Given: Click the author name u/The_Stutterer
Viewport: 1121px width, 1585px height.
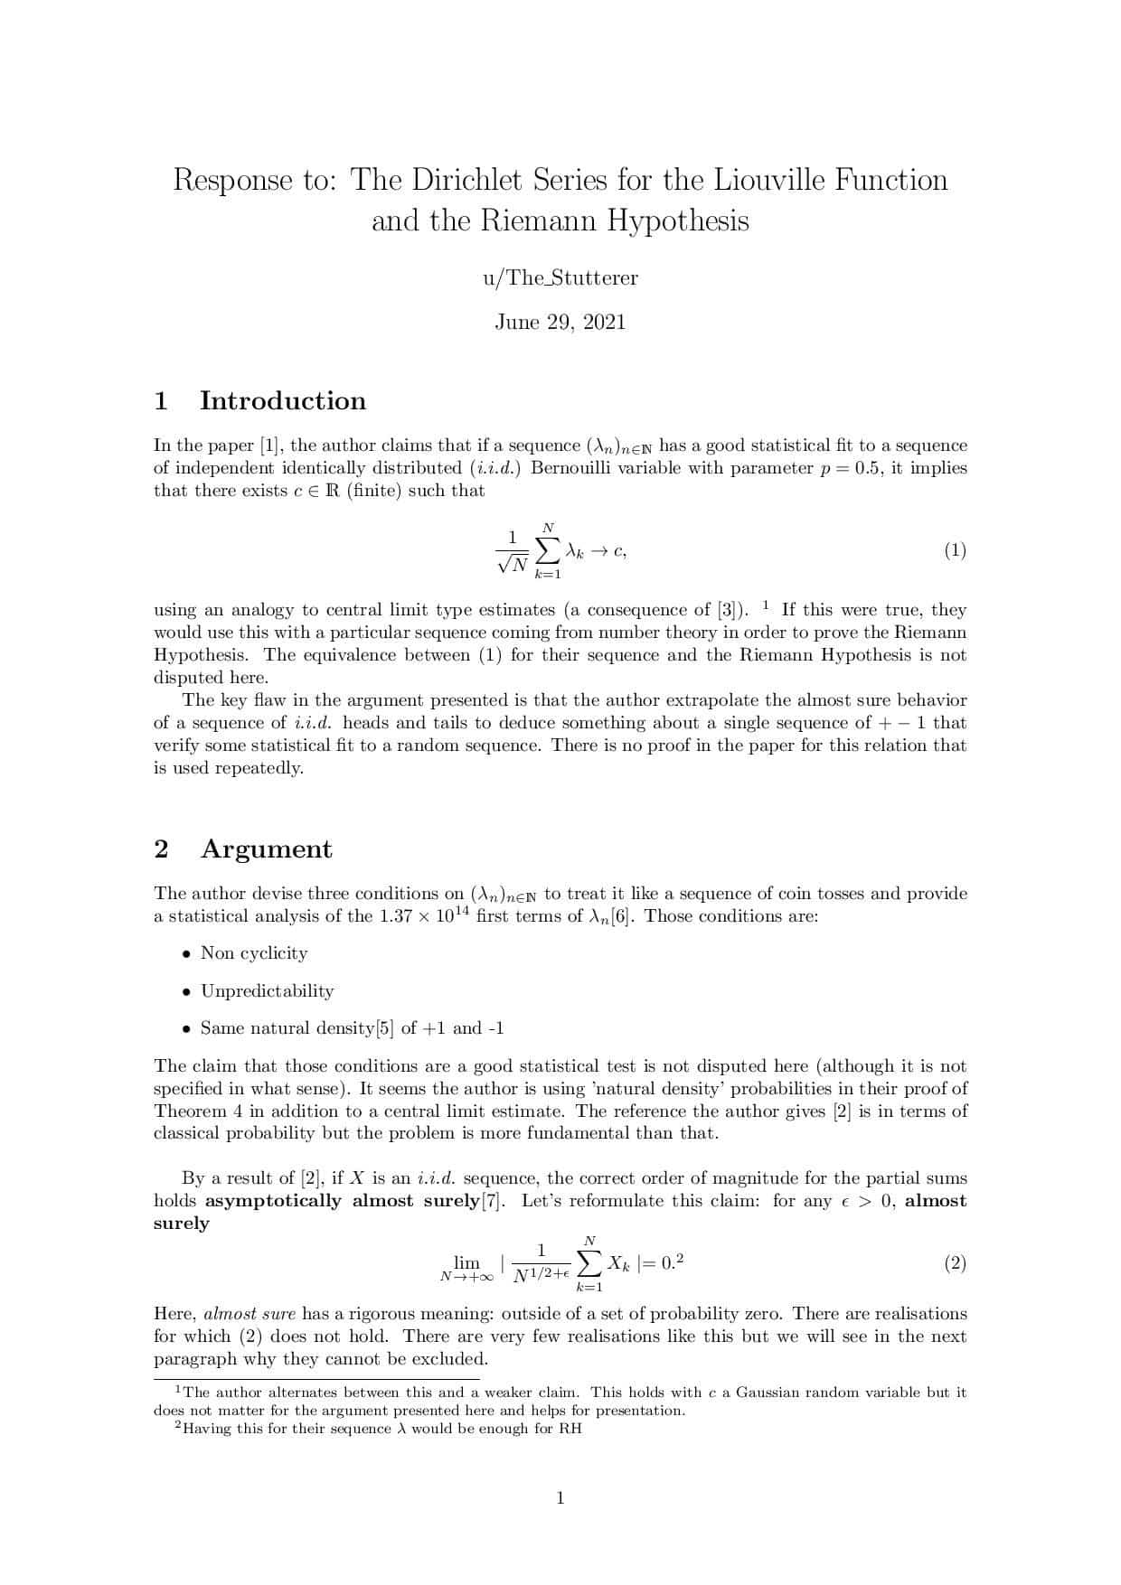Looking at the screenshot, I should pos(560,278).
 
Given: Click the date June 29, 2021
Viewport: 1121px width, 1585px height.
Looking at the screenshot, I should pos(560,323).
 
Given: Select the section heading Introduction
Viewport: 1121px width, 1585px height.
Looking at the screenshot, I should pos(282,401).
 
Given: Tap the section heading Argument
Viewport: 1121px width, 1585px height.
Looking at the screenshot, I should pos(266,849).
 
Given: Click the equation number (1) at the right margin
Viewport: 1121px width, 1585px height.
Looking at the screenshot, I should pos(955,550).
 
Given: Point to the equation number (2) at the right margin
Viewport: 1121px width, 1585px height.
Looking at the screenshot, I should pos(955,1263).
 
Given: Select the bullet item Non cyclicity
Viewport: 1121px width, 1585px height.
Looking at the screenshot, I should pos(254,953).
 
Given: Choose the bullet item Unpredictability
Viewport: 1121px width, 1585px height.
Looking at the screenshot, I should pos(267,991).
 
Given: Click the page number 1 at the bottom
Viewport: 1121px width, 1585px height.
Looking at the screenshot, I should pos(560,1498).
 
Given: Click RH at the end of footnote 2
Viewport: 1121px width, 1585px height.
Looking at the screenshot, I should pos(570,1429).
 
